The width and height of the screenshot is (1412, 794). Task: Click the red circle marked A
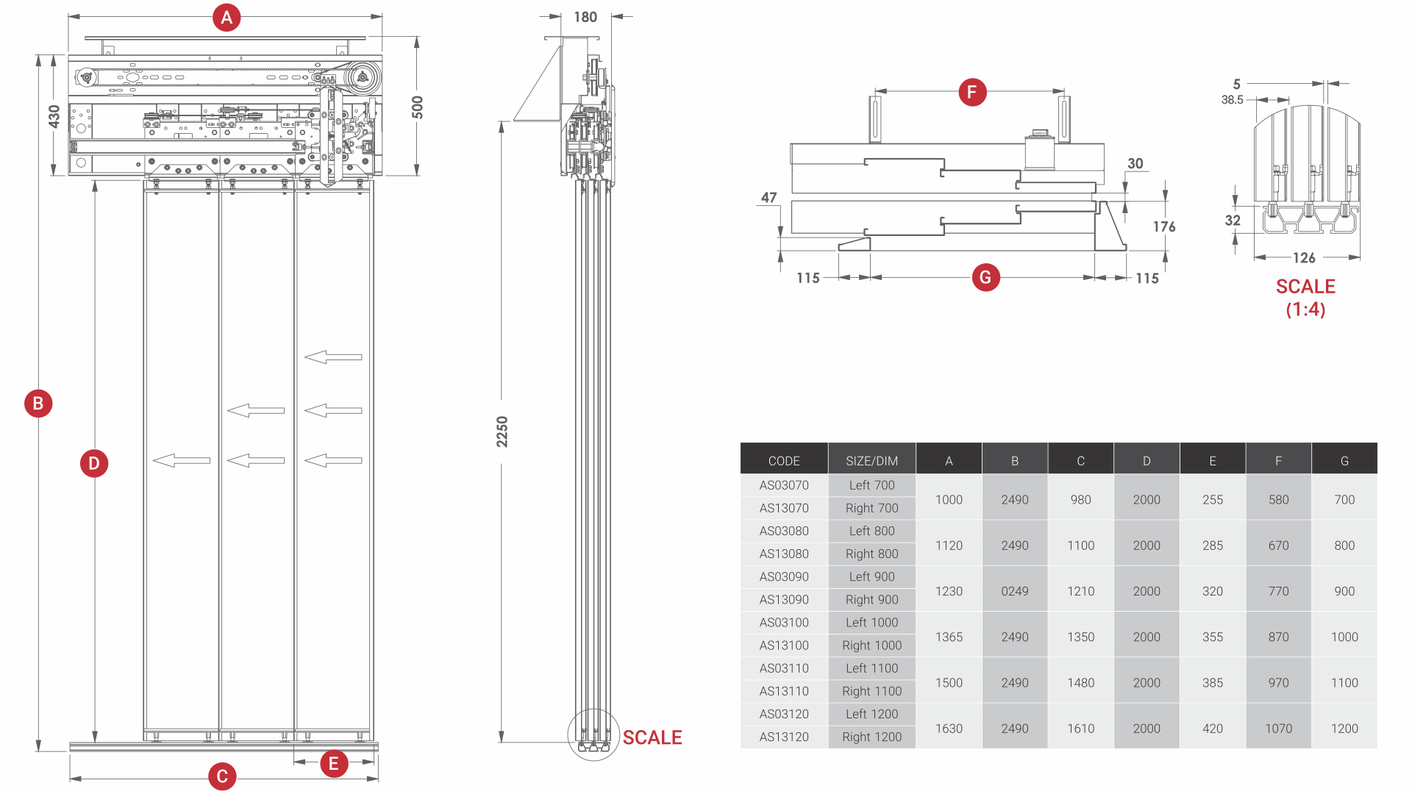(227, 17)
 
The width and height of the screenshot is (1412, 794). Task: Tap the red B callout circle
(38, 403)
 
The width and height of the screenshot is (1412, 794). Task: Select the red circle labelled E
(333, 763)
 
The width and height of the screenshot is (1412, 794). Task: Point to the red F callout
(972, 92)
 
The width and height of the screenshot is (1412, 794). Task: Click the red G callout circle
(985, 277)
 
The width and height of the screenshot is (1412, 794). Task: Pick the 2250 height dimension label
(502, 432)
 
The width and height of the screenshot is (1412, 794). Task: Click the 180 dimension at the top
(585, 17)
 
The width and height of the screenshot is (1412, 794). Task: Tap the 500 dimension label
(418, 107)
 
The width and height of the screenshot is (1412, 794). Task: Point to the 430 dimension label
(54, 116)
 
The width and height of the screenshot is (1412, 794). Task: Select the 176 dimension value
(1164, 226)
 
